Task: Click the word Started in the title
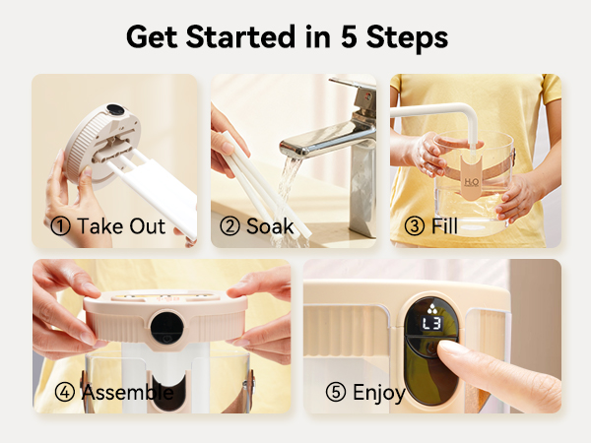click(240, 36)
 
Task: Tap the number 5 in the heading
click(349, 36)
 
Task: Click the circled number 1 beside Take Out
click(60, 226)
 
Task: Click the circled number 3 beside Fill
click(415, 226)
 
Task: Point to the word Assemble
click(128, 392)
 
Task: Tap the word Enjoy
click(379, 393)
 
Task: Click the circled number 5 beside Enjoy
click(336, 392)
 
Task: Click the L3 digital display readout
click(432, 323)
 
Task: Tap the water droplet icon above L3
click(432, 309)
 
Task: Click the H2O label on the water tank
click(472, 182)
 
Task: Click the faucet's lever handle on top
click(353, 85)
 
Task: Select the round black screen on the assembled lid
click(167, 328)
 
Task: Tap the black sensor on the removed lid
click(115, 109)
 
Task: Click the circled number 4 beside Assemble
click(65, 392)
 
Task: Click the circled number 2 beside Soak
click(230, 226)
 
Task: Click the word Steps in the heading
click(407, 37)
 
